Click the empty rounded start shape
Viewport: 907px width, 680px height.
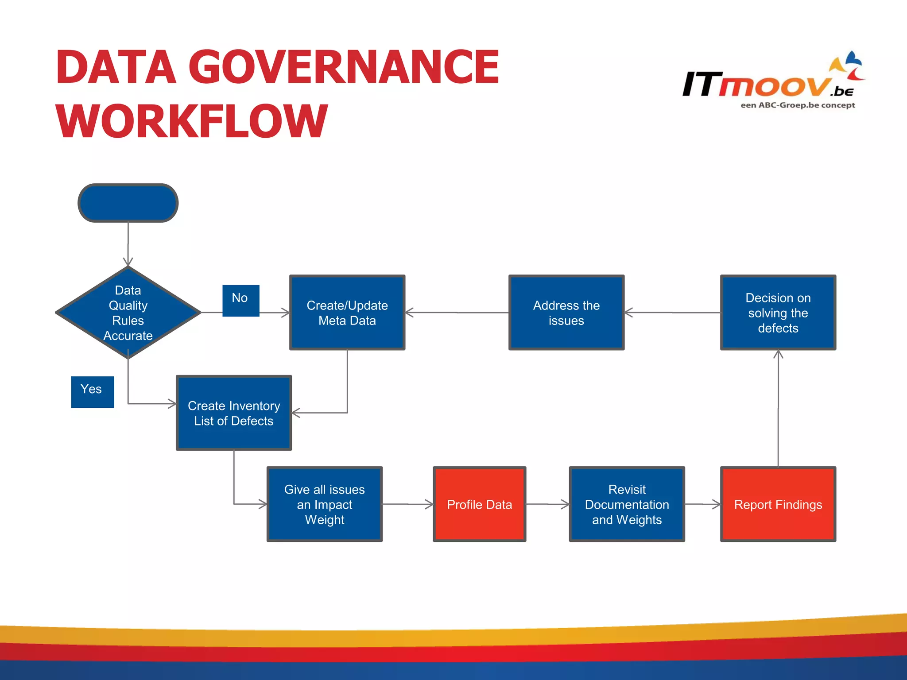click(128, 203)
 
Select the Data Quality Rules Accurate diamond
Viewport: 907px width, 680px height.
click(128, 313)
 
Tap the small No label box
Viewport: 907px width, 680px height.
click(240, 300)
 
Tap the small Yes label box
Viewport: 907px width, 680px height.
click(92, 391)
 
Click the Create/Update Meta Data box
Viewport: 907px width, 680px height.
click(347, 313)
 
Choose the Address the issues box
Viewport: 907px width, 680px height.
click(566, 313)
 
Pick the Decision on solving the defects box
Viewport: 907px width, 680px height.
click(778, 313)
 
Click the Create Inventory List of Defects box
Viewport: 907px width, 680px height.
click(234, 413)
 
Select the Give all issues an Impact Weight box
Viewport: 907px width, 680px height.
click(324, 504)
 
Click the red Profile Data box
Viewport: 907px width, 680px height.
click(479, 504)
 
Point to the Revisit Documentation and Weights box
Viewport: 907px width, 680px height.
click(627, 504)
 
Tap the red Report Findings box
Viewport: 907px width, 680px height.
click(778, 504)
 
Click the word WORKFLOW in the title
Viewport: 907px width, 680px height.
click(191, 121)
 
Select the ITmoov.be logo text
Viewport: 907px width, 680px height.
click(757, 84)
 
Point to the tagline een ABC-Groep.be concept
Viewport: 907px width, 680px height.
click(798, 105)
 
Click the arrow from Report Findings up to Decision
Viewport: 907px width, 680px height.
click(778, 407)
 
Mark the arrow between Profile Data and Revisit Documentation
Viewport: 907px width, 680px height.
click(547, 504)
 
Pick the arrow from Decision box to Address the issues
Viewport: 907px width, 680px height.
click(672, 313)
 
